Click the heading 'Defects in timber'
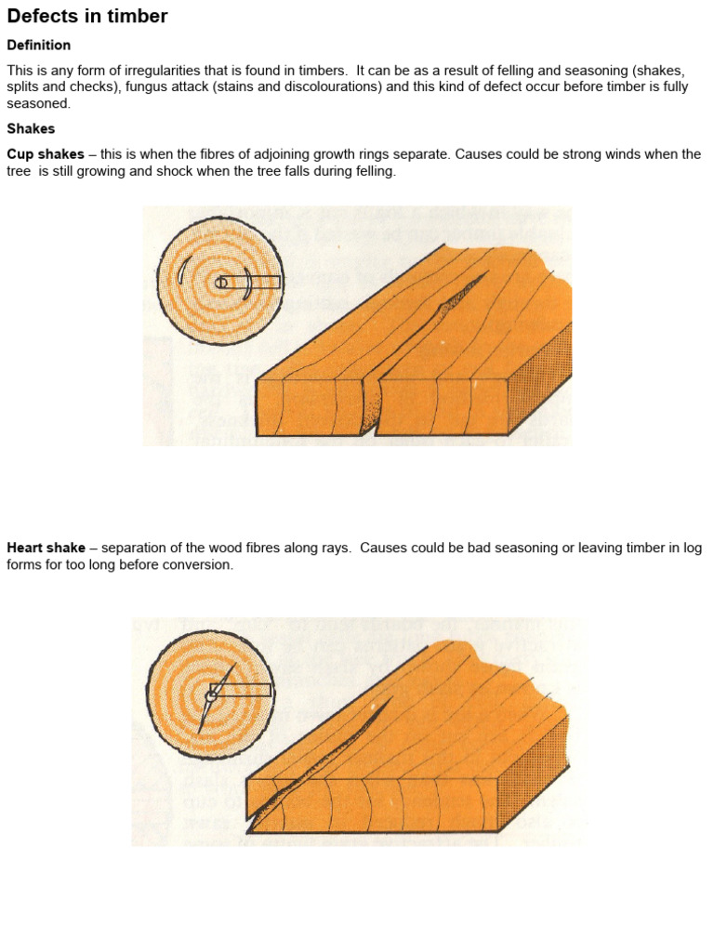point(87,16)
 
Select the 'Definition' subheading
point(39,45)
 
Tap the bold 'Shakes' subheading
point(31,128)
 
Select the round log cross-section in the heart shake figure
point(210,694)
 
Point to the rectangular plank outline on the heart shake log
point(244,690)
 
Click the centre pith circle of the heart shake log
point(212,694)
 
